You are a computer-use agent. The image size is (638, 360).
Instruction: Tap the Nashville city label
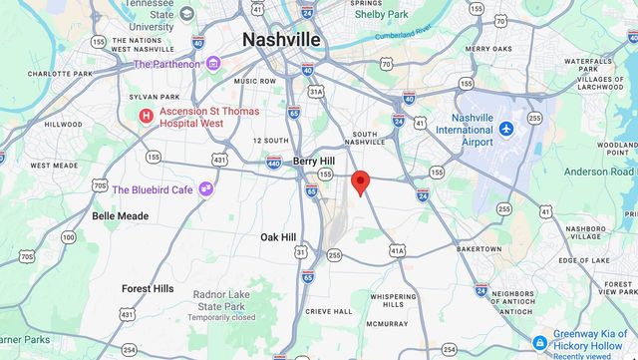[x=282, y=39]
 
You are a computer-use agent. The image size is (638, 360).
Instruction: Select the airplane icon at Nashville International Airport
[x=507, y=129]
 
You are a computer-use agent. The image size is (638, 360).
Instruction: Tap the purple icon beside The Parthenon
[x=213, y=64]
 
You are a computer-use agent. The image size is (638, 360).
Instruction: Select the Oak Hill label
[x=278, y=237]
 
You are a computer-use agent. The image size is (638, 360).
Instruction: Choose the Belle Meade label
[x=120, y=215]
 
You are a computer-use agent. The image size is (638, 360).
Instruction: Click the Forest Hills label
[x=148, y=288]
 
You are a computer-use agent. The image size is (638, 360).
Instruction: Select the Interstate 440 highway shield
[x=274, y=163]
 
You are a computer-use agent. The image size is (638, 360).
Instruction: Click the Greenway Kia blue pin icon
[x=538, y=340]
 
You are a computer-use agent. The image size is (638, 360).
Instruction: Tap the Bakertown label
[x=478, y=248]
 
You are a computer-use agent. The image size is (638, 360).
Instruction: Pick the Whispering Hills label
[x=393, y=300]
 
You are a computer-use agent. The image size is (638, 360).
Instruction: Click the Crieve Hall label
[x=329, y=311]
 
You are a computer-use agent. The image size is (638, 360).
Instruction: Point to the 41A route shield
[x=398, y=250]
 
